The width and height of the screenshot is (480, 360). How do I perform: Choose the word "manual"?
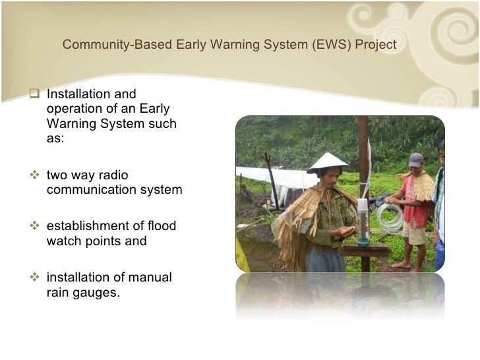point(151,278)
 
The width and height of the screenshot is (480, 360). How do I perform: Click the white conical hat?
point(327,162)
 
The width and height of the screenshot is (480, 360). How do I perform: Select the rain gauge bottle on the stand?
point(363,221)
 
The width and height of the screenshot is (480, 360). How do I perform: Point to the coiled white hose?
point(390,218)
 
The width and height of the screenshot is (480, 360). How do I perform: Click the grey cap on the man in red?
point(415,160)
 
